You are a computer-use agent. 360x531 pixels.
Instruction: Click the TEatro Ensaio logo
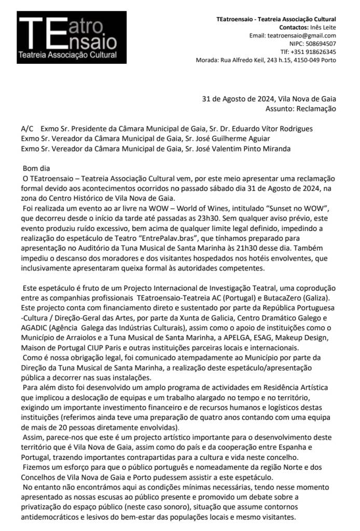71,38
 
